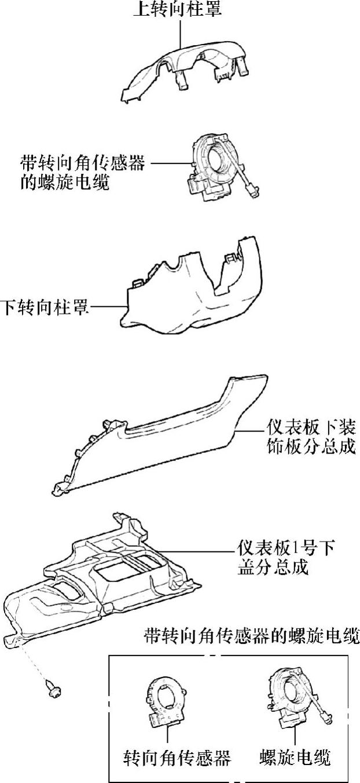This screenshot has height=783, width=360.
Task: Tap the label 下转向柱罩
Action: coord(45,307)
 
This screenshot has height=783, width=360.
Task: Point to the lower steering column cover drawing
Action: coord(191,295)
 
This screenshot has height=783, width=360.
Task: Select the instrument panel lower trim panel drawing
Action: coord(168,440)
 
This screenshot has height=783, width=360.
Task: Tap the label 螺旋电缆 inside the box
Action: coord(295,757)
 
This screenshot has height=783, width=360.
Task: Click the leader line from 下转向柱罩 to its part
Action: coord(107,307)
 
